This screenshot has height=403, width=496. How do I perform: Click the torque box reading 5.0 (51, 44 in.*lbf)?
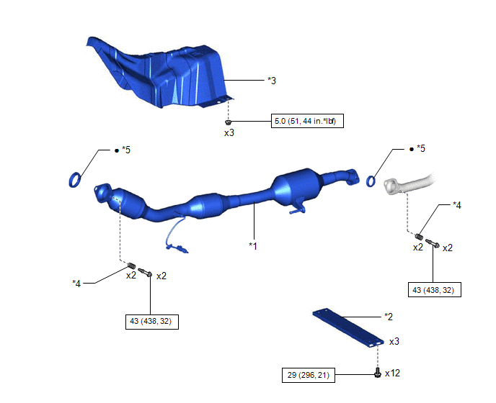click(x=307, y=121)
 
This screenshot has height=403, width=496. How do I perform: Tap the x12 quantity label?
click(x=392, y=373)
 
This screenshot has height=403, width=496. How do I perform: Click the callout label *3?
click(x=272, y=81)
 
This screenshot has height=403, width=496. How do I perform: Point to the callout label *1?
click(x=253, y=245)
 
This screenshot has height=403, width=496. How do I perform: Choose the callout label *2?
click(x=389, y=317)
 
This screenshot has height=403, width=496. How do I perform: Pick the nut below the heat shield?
click(x=228, y=122)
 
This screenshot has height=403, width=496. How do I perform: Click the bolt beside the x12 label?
click(x=377, y=373)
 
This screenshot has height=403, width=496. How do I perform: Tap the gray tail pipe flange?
click(x=391, y=186)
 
